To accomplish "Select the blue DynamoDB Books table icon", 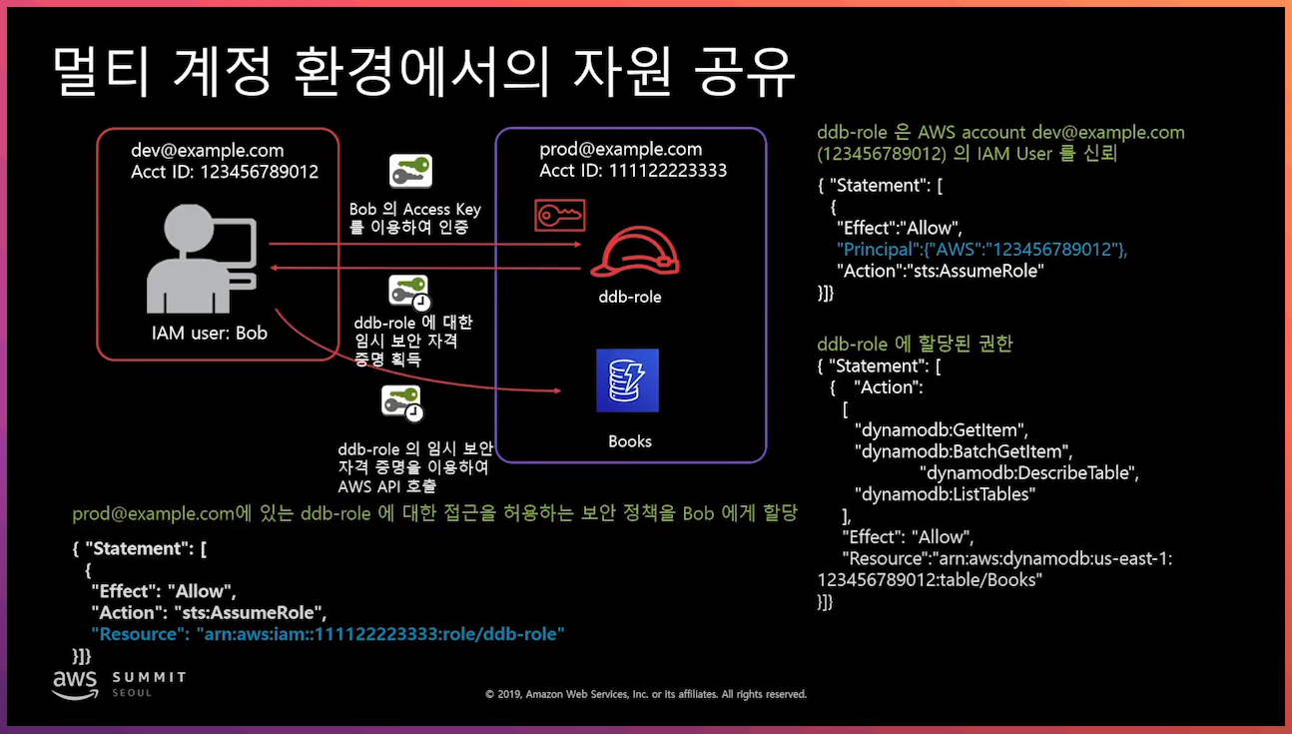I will (x=627, y=380).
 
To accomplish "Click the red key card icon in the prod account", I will (x=559, y=215).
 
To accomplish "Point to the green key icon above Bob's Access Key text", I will (x=409, y=171).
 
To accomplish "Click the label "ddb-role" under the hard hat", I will (x=630, y=297).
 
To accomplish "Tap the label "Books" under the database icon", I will (x=630, y=441).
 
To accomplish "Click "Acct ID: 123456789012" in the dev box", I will (x=225, y=172).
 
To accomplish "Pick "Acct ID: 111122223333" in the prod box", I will (x=633, y=170).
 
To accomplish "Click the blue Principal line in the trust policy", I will (x=982, y=250).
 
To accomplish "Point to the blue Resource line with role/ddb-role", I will (x=327, y=634).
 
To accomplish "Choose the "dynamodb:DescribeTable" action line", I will (x=1028, y=472).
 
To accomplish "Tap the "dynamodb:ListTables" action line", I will (x=945, y=493).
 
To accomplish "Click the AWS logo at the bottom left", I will (x=75, y=682).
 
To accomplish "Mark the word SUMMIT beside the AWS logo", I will (x=149, y=677).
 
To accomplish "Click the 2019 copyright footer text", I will (x=645, y=694).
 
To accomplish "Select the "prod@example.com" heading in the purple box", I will (x=620, y=150).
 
